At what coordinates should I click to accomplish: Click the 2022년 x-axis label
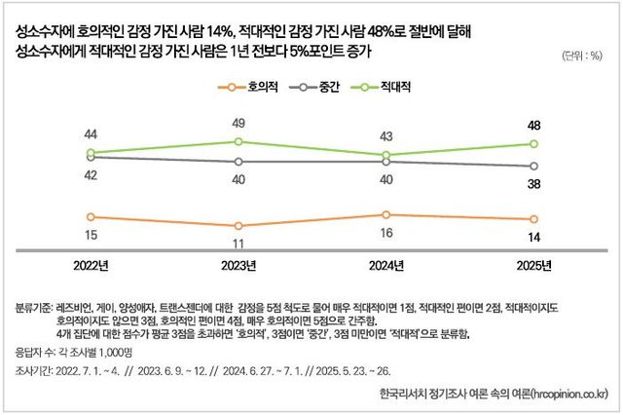[92, 266]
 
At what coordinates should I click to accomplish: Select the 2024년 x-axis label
[386, 266]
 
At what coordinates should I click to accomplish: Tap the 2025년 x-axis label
[533, 266]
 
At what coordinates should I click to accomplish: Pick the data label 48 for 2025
[533, 126]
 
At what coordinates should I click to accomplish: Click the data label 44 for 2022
[91, 134]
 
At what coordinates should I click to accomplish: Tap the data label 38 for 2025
[533, 182]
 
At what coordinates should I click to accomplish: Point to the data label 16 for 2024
[386, 232]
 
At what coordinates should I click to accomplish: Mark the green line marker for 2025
[533, 144]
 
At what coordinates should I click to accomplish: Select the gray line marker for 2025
[533, 166]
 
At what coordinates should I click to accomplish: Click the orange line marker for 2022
[91, 217]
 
